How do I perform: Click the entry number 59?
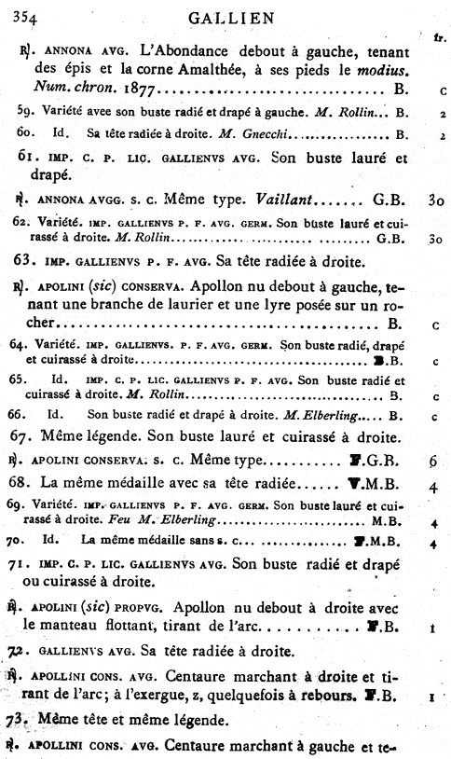(26, 112)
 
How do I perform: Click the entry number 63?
(28, 262)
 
